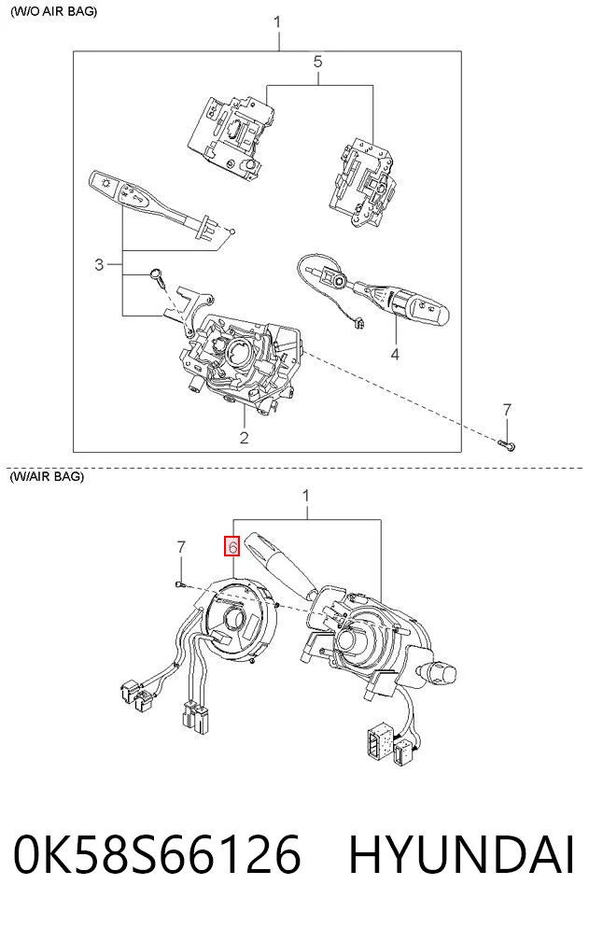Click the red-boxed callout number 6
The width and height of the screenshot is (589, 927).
pos(231,547)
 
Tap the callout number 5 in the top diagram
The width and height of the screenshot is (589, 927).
pos(317,62)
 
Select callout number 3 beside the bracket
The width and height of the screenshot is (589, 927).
pos(99,264)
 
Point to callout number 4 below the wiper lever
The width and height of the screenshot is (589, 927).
pos(395,354)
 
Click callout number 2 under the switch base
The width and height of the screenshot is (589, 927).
pos(244,438)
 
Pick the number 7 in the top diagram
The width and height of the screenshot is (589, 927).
pos(507,409)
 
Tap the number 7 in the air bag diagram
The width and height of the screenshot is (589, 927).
pos(181,547)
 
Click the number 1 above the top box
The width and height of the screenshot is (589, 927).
pos(277,23)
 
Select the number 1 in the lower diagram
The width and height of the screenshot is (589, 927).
pos(306,496)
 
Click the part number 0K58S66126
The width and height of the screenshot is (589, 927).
pos(158,855)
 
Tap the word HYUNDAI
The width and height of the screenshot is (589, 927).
pos(461,855)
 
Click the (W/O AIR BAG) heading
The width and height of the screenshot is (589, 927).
pos(54,11)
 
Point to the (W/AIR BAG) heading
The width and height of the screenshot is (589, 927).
pos(47,476)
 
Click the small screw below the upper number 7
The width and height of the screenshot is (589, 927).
pos(507,444)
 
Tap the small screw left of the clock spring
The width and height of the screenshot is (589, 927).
pos(180,584)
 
